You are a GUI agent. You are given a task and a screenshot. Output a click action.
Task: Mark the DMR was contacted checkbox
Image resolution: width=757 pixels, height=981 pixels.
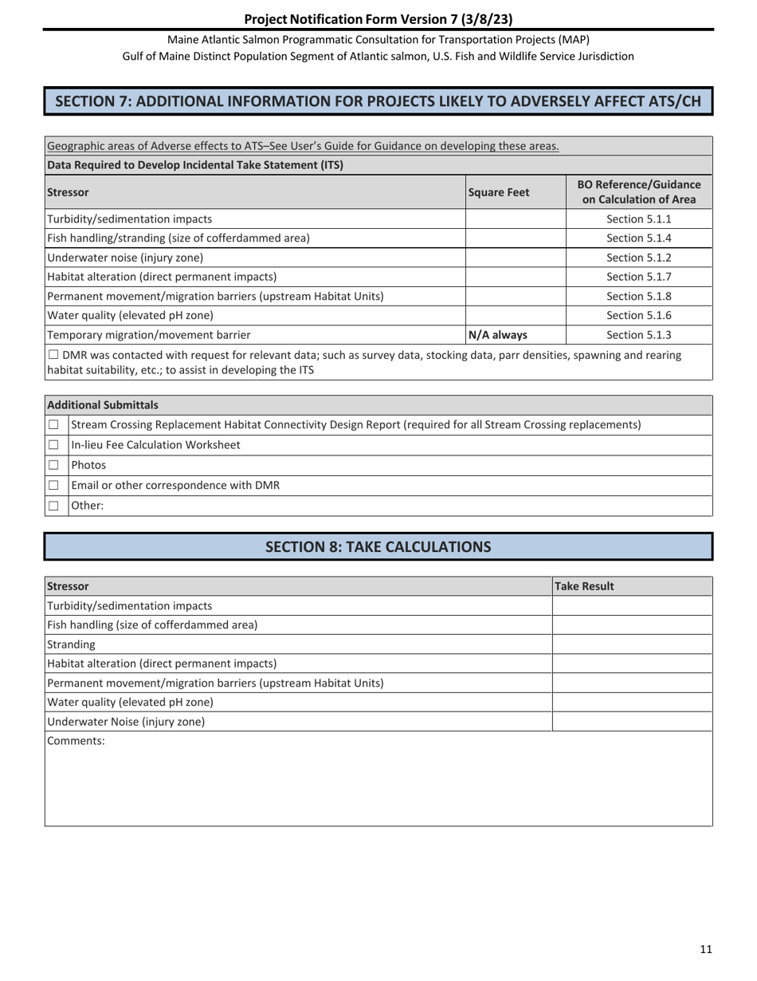click(53, 354)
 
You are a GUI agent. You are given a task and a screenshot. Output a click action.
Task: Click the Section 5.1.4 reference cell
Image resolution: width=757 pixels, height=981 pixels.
click(638, 238)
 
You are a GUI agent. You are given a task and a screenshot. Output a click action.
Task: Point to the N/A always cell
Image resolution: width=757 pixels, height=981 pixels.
click(497, 335)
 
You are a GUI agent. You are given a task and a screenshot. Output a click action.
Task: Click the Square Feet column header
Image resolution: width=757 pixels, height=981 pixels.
click(499, 192)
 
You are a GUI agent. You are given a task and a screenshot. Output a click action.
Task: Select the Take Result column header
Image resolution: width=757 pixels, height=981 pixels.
click(584, 586)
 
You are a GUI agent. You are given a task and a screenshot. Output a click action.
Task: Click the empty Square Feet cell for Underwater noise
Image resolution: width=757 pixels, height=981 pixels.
click(515, 258)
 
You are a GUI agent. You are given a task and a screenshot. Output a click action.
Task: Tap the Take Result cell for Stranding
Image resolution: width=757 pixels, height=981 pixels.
click(631, 644)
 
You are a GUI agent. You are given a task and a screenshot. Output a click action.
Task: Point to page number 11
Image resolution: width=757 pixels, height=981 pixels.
click(706, 949)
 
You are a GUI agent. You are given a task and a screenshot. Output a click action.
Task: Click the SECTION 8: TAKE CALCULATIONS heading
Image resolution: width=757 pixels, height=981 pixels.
click(378, 547)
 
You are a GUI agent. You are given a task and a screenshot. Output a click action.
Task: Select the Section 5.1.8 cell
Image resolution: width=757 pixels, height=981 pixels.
click(638, 296)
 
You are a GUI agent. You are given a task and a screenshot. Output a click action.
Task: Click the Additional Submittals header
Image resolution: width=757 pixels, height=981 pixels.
click(103, 405)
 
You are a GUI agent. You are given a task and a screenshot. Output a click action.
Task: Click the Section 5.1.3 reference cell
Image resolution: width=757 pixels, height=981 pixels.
click(638, 335)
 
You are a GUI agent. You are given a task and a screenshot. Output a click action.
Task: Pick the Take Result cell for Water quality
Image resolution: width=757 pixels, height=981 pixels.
click(631, 703)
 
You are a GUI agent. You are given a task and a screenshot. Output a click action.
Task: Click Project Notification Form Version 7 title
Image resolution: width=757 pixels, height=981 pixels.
click(378, 18)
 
